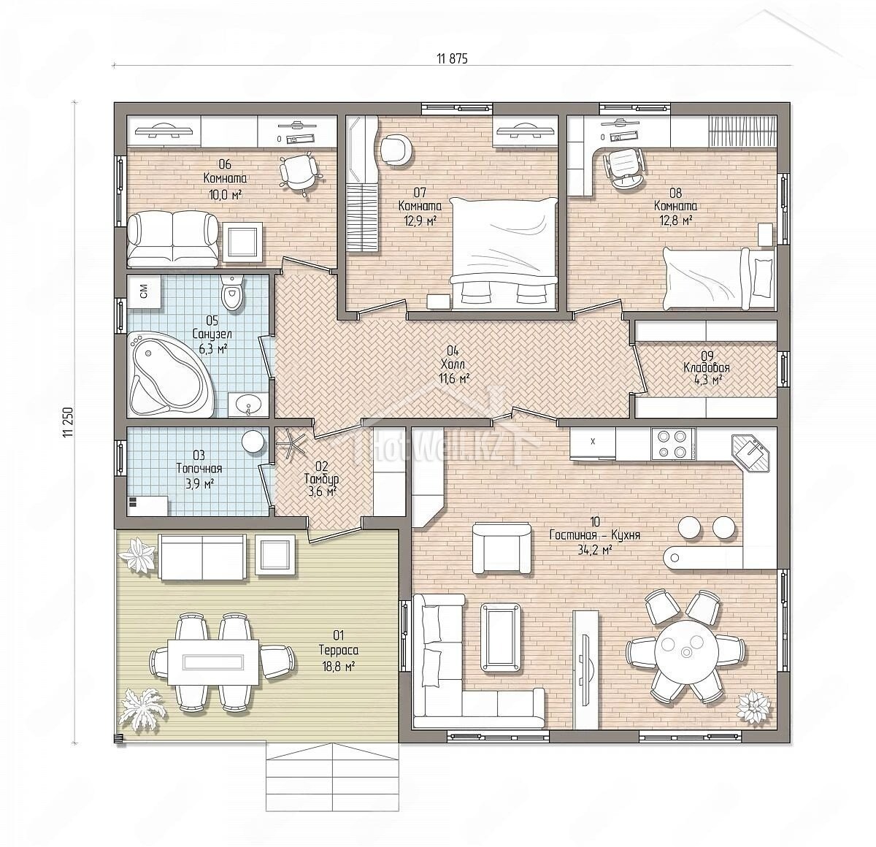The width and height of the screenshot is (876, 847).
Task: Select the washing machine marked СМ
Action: (145, 292)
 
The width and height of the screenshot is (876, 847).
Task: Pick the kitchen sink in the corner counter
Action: (751, 453)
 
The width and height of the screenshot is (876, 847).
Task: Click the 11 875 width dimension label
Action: (452, 58)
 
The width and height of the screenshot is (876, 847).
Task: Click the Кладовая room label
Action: (707, 367)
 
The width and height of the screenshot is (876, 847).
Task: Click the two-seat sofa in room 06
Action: (173, 240)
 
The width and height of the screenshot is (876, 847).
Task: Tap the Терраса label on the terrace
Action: (338, 651)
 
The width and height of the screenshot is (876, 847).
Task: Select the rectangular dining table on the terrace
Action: (213, 662)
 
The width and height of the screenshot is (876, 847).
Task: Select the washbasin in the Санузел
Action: (247, 405)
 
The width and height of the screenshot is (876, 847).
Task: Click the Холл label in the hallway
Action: (453, 364)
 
